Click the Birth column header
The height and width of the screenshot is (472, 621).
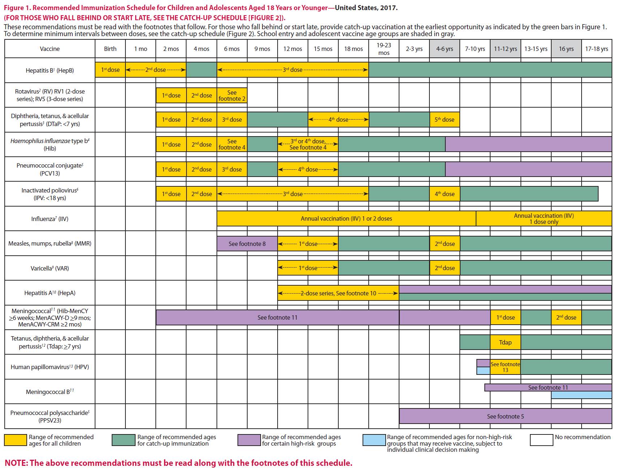coord(110,49)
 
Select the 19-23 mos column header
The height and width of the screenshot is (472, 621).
coord(384,49)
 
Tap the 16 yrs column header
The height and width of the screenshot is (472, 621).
coord(566,49)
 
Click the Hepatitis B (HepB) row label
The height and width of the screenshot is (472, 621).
coord(50,70)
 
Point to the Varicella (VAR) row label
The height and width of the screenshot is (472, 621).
coord(50,268)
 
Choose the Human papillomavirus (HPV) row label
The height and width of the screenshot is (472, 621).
coord(50,367)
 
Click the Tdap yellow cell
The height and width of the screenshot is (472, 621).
coord(505,342)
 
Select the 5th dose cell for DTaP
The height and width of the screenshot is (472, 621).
coord(444,120)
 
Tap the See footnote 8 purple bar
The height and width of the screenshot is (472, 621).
coord(247,244)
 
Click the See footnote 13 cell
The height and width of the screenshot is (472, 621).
coord(505,367)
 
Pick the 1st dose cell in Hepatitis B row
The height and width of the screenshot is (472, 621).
coord(110,70)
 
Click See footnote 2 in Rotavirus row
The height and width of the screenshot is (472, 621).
coord(232,96)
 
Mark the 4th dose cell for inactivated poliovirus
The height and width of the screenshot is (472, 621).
coord(445,194)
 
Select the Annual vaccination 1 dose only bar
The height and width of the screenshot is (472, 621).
coord(544,218)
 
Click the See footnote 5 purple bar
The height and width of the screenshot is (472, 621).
coord(505,416)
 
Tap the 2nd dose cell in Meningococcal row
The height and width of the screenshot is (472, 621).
coord(566,317)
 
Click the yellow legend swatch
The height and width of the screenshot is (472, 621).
coord(16,440)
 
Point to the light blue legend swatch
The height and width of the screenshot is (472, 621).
coord(374,440)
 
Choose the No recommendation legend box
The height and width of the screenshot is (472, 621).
coord(541,440)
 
